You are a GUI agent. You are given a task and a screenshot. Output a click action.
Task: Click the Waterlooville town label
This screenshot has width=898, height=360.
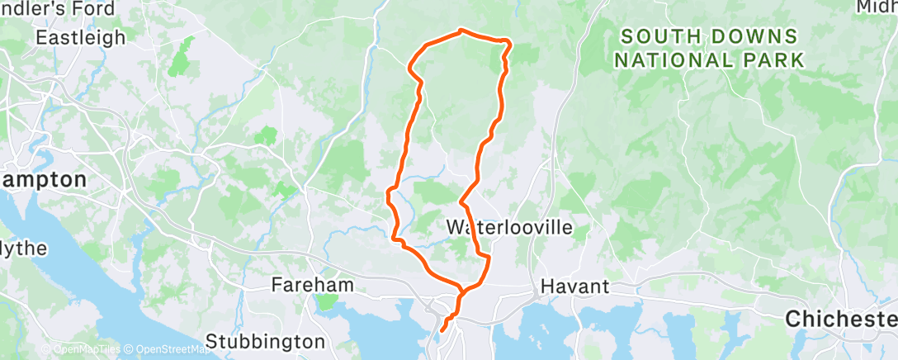tap(508, 226)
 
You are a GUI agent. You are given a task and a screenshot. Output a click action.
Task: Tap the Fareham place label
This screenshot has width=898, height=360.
tap(313, 285)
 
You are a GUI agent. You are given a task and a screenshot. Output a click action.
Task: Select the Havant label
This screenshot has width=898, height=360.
tap(574, 287)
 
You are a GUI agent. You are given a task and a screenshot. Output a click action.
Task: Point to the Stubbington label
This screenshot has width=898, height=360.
tap(265, 340)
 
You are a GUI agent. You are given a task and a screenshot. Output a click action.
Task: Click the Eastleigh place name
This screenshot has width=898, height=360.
tap(80, 38)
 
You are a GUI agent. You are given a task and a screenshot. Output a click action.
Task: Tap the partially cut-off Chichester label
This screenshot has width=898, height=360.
tap(841, 318)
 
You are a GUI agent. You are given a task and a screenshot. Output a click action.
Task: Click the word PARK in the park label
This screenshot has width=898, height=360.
tap(773, 60)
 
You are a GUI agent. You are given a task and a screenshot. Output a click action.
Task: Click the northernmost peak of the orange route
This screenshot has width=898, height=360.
tap(461, 31)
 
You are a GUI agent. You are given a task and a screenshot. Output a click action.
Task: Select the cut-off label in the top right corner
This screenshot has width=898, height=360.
tap(876, 7)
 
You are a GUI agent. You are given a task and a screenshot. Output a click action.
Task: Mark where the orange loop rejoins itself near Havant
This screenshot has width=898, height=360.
tap(463, 290)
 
